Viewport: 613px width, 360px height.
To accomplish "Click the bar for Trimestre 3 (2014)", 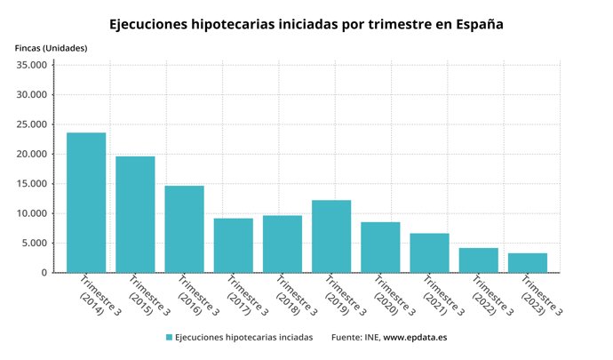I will [86, 203].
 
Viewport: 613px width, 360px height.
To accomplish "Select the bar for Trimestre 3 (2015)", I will [135, 214].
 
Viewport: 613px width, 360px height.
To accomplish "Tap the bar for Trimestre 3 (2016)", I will [184, 229].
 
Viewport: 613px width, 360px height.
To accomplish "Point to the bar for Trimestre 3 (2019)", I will [331, 236].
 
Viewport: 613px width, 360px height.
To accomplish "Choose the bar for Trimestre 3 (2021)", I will [429, 252].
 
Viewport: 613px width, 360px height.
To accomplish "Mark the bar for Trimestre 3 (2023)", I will [528, 263].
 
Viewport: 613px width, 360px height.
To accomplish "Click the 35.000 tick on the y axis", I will [31, 65].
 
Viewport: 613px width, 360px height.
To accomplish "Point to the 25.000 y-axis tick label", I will [31, 124].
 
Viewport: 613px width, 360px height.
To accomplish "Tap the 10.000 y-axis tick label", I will [31, 213].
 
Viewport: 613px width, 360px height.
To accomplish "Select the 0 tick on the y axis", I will [43, 273].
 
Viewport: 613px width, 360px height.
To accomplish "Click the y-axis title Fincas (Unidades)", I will [52, 47].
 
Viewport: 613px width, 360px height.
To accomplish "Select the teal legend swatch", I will [168, 338].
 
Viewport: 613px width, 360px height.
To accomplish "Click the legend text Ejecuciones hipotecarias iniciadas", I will [243, 338].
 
